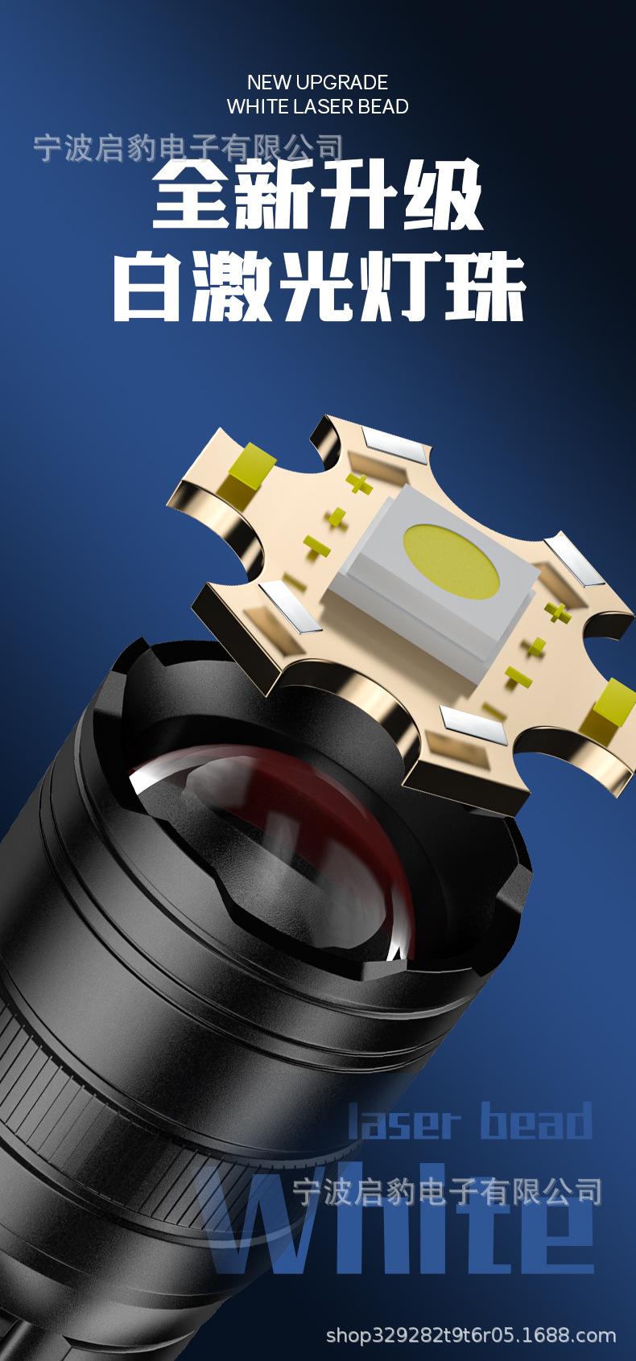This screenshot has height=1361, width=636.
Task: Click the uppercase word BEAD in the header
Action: [383, 106]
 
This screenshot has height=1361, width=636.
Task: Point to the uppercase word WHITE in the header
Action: [258, 106]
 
